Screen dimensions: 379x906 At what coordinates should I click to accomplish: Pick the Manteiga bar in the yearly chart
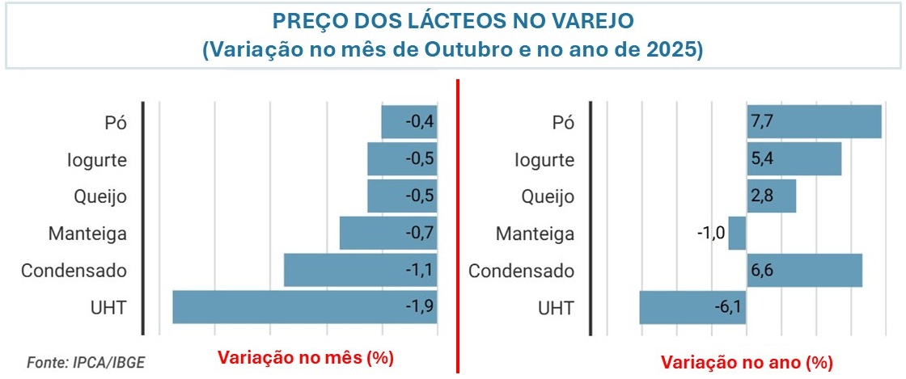(737, 234)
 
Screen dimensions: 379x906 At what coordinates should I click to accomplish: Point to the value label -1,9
(421, 307)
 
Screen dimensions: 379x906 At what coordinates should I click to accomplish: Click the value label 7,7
(762, 122)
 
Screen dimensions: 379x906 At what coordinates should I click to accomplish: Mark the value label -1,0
(710, 234)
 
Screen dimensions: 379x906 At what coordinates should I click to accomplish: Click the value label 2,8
(762, 196)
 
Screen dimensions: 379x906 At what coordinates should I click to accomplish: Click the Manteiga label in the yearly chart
(536, 234)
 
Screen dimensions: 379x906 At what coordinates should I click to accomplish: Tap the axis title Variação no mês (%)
(306, 356)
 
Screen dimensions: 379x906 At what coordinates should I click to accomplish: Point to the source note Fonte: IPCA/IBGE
(80, 361)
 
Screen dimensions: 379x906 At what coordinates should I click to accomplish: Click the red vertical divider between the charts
(459, 226)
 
